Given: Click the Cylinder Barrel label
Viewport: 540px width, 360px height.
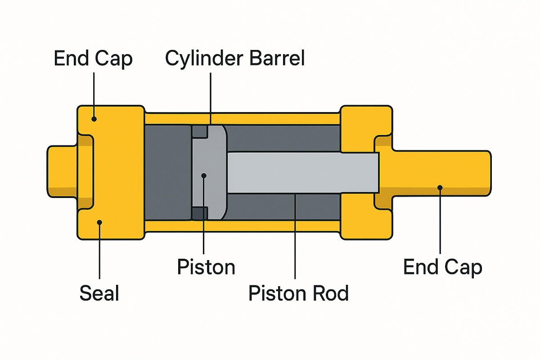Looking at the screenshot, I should pos(235,58).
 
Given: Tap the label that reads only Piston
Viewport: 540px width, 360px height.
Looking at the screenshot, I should pos(206,267).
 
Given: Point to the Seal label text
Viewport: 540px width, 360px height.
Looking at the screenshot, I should pos(99,293).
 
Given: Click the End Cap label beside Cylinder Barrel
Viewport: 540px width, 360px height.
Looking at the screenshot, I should pos(93,58).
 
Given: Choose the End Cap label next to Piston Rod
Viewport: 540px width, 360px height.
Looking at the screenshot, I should pos(443,267).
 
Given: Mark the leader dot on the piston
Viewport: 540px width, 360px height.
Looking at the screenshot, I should pos(204,175).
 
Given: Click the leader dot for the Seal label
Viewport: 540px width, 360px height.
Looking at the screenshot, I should pos(100,222).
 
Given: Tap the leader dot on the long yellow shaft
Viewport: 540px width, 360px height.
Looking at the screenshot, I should pos(440,187).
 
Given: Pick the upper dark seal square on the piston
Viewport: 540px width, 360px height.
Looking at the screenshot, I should pos(200,131).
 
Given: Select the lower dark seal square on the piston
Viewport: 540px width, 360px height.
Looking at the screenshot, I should pos(200,213).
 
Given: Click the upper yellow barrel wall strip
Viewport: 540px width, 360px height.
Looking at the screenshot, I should pos(243,119).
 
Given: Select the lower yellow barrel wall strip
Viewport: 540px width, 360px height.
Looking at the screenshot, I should pos(243,225).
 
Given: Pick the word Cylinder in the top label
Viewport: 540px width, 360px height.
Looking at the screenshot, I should pos(200,58).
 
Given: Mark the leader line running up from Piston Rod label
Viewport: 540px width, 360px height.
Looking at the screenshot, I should pos(295,238).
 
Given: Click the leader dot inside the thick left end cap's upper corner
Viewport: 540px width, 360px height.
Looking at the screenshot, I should pos(94,119).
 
